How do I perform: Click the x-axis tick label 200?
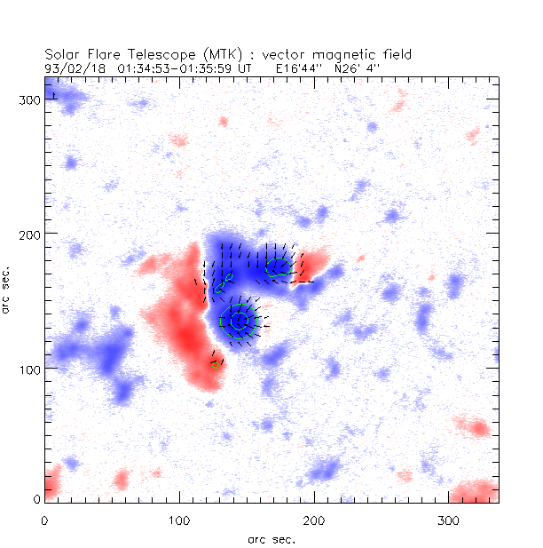point(314,518)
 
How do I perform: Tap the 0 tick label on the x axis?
point(45,518)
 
